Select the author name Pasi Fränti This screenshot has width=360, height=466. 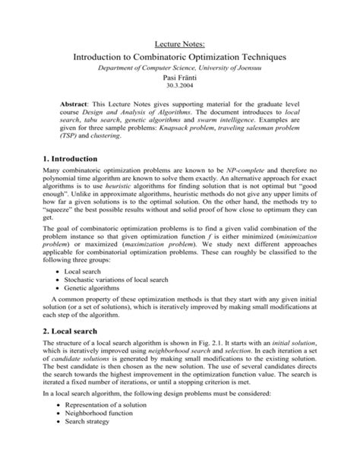click(x=180, y=80)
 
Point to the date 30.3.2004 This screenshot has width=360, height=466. click(x=180, y=89)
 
